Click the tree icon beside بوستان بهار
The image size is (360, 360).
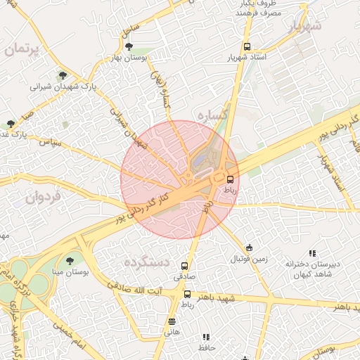point(128,47)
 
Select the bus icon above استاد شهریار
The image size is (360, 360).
point(245,46)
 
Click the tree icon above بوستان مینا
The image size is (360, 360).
point(69,260)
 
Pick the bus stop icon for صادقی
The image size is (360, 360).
point(185,266)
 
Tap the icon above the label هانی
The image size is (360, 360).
point(172,322)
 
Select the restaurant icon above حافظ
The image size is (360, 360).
point(205,337)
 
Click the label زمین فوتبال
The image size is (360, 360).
point(249,259)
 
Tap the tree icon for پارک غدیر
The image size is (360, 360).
point(10,123)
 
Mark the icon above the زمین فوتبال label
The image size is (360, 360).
point(249,247)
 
